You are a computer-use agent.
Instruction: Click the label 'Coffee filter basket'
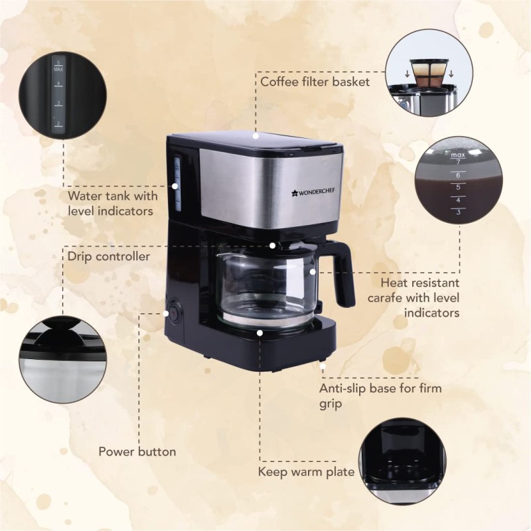pyautogui.click(x=315, y=82)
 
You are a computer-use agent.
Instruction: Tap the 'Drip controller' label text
pyautogui.click(x=108, y=255)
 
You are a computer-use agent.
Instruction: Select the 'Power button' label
pyautogui.click(x=137, y=452)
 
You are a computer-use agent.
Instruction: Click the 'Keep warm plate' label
pyautogui.click(x=306, y=473)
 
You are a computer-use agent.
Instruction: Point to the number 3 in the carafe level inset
pyautogui.click(x=457, y=212)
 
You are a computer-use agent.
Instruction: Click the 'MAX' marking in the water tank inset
pyautogui.click(x=58, y=69)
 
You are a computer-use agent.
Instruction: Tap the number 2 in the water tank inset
pyautogui.click(x=58, y=123)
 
